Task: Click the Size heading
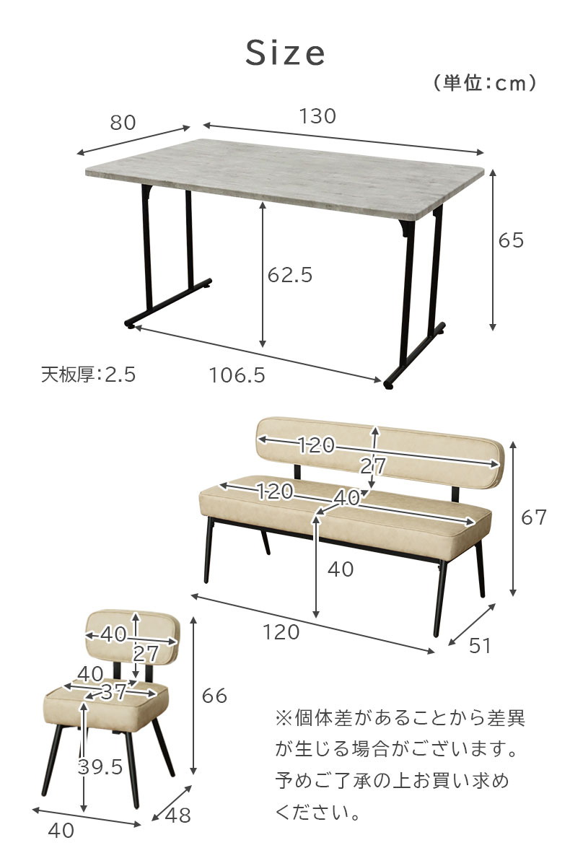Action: coord(285,53)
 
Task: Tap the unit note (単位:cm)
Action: coord(485,83)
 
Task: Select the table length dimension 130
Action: coord(317,116)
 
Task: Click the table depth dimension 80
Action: coord(123,123)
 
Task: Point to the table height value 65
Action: coord(511,240)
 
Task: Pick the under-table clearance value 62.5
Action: coord(290,275)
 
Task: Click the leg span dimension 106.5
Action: coord(237,375)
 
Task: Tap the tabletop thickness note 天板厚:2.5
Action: coord(89,375)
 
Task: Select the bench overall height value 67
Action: coord(534,517)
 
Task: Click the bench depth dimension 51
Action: coord(480,645)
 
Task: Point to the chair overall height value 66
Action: coord(214,696)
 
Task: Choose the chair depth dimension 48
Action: coord(177,815)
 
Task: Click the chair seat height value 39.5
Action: coord(100,766)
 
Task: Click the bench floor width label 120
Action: coord(281,632)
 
